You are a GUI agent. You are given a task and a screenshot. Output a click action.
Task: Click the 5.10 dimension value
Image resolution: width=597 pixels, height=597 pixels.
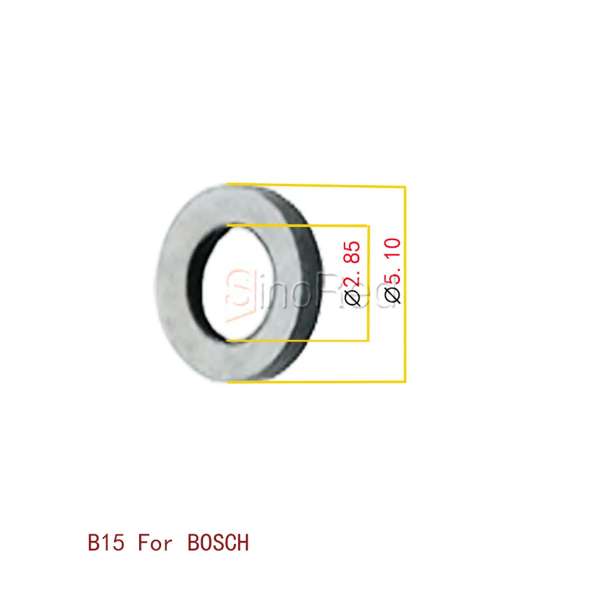pyautogui.click(x=394, y=261)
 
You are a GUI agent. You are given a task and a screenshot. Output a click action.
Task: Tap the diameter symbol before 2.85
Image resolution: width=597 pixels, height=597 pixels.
pyautogui.click(x=353, y=297)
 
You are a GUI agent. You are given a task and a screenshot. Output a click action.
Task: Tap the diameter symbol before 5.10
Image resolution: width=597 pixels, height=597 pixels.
pyautogui.click(x=394, y=294)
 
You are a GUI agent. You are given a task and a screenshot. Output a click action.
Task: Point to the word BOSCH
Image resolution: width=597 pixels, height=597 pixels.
pyautogui.click(x=219, y=543)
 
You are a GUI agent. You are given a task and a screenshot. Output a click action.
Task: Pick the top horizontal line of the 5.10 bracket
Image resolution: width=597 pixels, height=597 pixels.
pyautogui.click(x=316, y=185)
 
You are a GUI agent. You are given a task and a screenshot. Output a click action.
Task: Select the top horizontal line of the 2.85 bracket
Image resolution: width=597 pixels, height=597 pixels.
pyautogui.click(x=298, y=225)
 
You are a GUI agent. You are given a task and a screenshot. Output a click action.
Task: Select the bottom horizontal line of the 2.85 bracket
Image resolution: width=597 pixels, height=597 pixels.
pyautogui.click(x=298, y=341)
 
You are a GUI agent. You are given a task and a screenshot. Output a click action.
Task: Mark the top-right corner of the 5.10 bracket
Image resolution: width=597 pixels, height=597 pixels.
pyautogui.click(x=405, y=187)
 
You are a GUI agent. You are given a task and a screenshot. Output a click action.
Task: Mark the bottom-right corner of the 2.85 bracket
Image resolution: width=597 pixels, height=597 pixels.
pyautogui.click(x=368, y=341)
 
